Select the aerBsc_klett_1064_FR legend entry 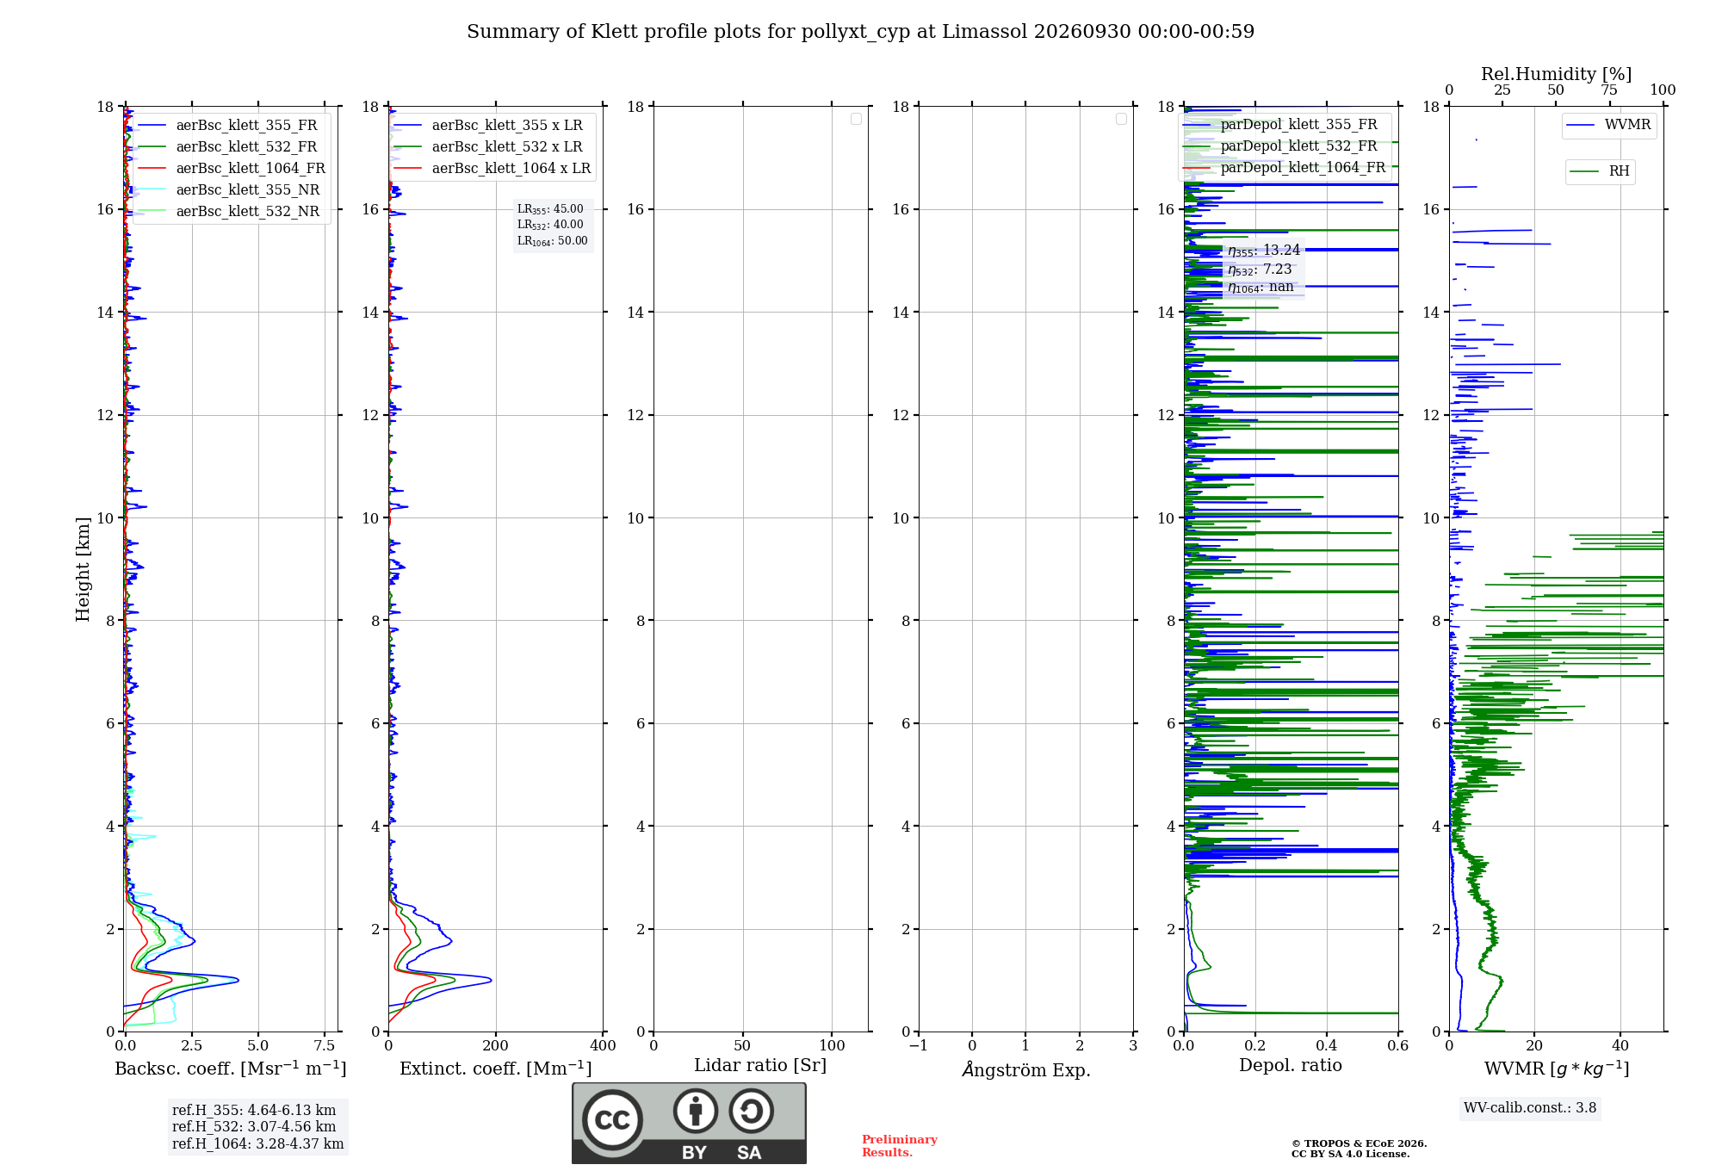[x=232, y=168]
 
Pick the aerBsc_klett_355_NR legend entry [x=229, y=189]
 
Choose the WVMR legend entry [x=1608, y=125]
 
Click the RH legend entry [x=1600, y=171]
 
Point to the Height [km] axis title [x=83, y=569]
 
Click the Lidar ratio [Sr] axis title [x=760, y=1066]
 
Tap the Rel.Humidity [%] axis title [x=1557, y=74]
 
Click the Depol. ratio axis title [x=1291, y=1065]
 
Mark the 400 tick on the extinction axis [x=603, y=1045]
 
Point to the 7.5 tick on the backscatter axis [x=325, y=1045]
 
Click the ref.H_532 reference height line [x=254, y=1126]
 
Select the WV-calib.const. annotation [x=1530, y=1108]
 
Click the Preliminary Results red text [x=900, y=1146]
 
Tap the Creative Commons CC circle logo [x=612, y=1120]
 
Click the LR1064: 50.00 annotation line [x=553, y=241]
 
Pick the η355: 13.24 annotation [x=1264, y=251]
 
